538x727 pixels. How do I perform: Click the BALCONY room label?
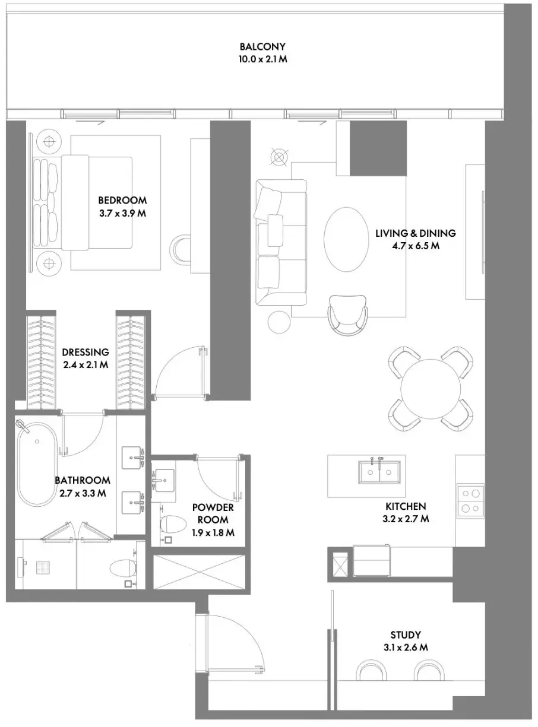262,46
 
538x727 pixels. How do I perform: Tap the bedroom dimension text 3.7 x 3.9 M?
123,214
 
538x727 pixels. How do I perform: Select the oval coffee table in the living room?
346,239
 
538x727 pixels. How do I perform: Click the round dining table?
431,389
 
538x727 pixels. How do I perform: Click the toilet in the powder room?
173,525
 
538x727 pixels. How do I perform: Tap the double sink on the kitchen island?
379,472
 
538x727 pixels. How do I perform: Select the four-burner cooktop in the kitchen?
470,501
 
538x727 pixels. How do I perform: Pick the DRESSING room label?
86,353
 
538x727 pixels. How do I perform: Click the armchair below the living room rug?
348,315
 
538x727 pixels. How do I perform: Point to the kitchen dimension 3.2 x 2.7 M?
406,519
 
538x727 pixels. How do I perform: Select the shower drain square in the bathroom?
42,566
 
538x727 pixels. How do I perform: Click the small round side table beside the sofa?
279,322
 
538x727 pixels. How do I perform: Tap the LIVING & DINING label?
416,233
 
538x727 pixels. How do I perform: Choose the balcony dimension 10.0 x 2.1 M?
263,59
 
